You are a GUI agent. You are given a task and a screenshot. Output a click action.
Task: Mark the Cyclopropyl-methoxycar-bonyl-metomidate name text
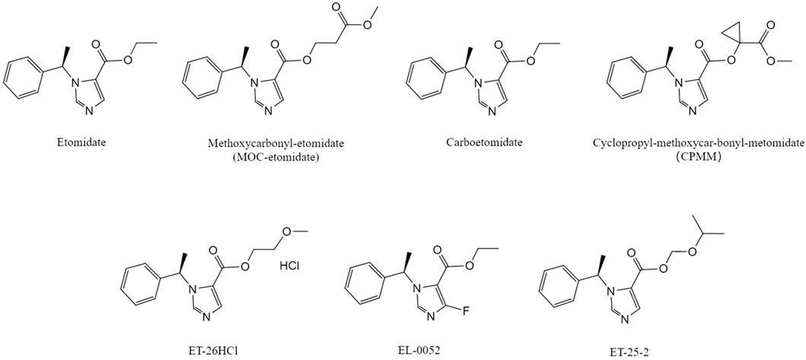tap(697, 142)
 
